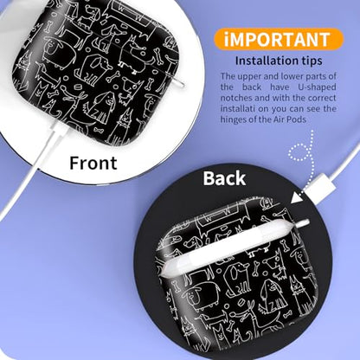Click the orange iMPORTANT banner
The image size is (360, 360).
(279, 39)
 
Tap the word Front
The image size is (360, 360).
(93, 163)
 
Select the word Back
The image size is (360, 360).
(224, 178)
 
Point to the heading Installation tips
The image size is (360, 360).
(279, 61)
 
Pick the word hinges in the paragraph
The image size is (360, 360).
(234, 119)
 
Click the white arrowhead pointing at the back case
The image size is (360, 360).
(296, 198)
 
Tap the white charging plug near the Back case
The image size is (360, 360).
(321, 187)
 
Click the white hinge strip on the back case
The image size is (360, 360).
(235, 245)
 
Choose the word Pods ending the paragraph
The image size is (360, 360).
(296, 119)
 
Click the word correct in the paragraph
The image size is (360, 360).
(322, 98)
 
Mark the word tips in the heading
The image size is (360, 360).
(312, 61)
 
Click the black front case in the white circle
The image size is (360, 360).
(95, 72)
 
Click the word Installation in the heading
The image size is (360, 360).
(267, 61)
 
